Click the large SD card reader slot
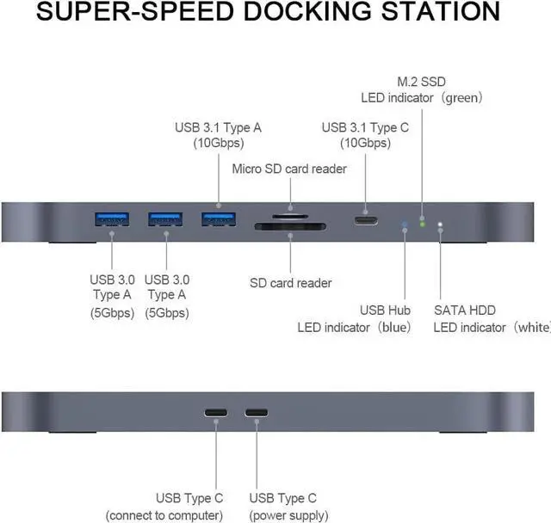tap(289, 228)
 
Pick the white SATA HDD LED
tap(441, 226)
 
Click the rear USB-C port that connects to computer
tap(215, 412)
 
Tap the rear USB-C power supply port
tap(257, 412)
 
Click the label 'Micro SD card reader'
tap(289, 169)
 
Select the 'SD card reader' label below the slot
tap(290, 283)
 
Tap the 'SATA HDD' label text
tap(464, 310)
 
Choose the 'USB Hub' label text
tap(385, 310)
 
